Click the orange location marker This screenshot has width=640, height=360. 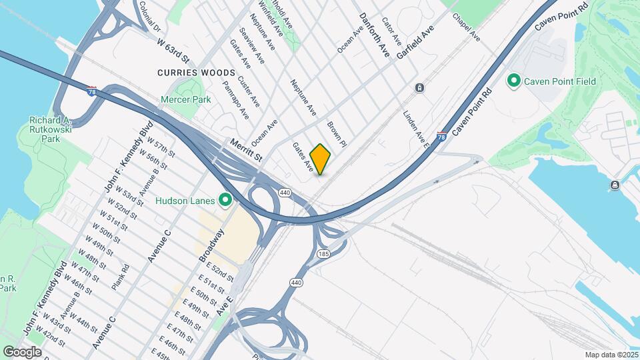click(x=320, y=159)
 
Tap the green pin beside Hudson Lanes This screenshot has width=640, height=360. click(x=225, y=200)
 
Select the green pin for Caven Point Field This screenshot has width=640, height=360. click(x=514, y=81)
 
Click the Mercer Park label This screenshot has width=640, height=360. click(x=185, y=99)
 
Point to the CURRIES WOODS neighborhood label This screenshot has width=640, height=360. click(x=196, y=72)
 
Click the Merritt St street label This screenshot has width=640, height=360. click(x=247, y=149)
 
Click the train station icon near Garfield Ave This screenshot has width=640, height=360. click(x=419, y=87)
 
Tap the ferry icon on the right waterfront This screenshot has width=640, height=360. click(x=614, y=185)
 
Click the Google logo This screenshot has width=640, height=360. click(x=22, y=351)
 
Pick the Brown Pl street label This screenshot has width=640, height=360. click(x=336, y=133)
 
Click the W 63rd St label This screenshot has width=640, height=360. click(x=174, y=51)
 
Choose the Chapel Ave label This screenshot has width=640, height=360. click(x=466, y=26)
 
